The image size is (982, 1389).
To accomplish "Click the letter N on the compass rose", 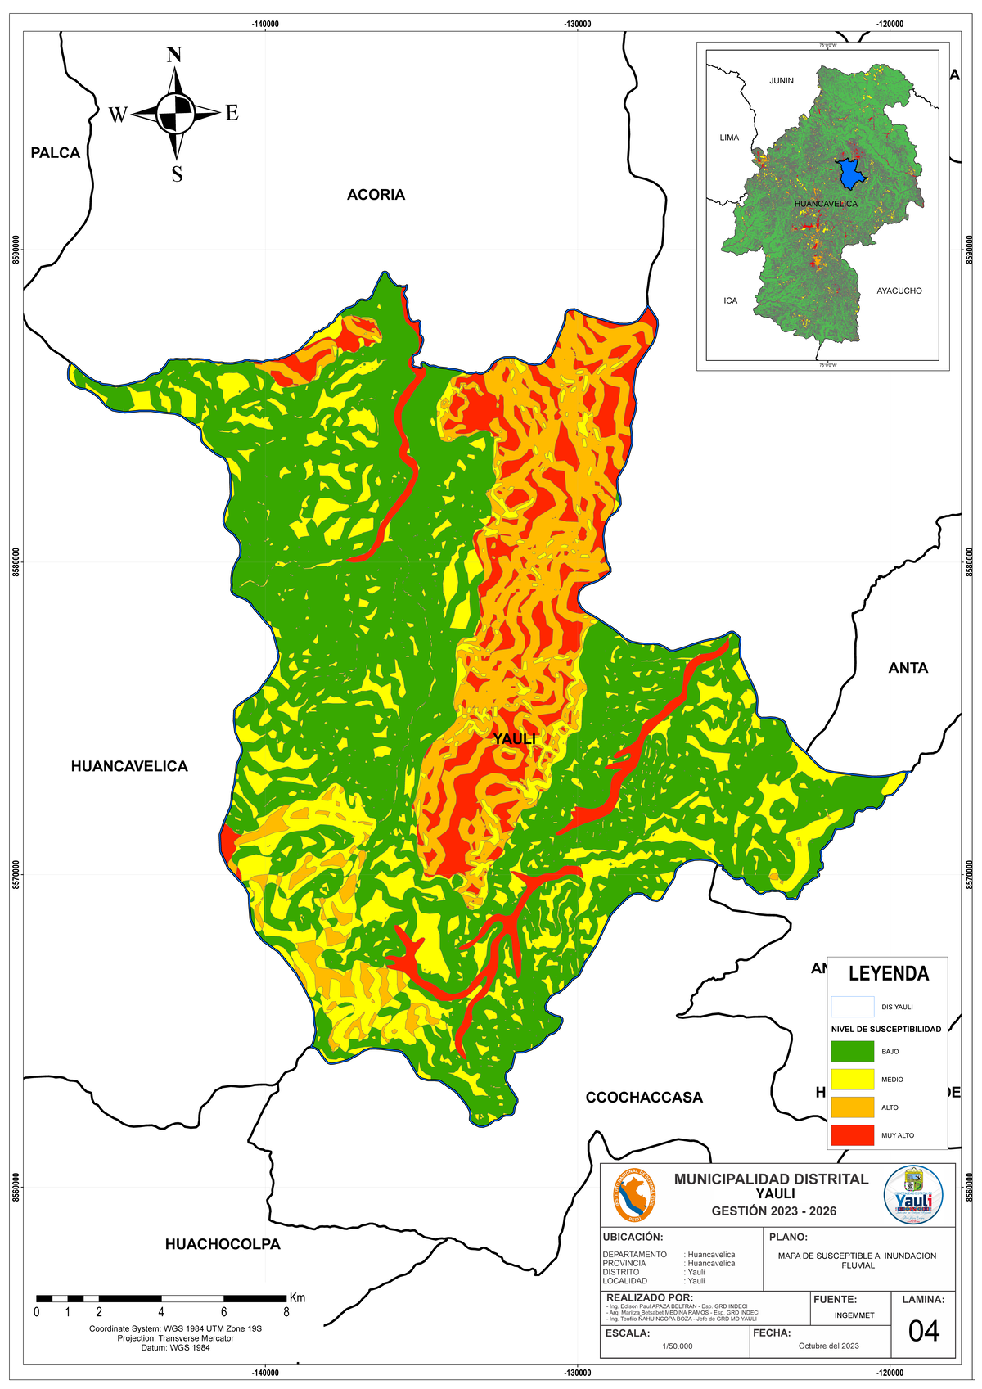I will tap(174, 56).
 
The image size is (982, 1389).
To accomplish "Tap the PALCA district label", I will tap(56, 153).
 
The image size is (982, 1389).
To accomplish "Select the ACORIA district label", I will tap(376, 195).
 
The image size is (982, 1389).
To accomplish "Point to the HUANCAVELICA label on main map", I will tap(129, 767).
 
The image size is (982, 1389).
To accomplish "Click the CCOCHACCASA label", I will tap(644, 1098).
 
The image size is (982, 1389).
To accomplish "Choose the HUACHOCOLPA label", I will tap(223, 1245).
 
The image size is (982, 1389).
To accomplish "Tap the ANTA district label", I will tap(908, 669).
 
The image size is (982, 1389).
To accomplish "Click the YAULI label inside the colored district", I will tap(515, 740).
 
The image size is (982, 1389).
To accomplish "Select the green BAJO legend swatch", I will tap(852, 1051).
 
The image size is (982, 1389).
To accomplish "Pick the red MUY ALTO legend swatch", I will tap(852, 1135).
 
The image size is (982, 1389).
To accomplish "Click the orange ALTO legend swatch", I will tap(852, 1107).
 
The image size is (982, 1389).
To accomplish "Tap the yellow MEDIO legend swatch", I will tap(852, 1079).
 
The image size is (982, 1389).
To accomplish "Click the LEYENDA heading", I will tap(889, 974).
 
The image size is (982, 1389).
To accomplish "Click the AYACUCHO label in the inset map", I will tap(899, 291).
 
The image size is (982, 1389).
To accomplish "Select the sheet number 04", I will tap(923, 1332).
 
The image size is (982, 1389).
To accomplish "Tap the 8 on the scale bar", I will tap(286, 1312).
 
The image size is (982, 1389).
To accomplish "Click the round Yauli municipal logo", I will tap(913, 1196).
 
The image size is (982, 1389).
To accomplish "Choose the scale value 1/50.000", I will tap(677, 1346).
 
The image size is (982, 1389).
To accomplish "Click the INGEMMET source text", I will tap(854, 1316).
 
